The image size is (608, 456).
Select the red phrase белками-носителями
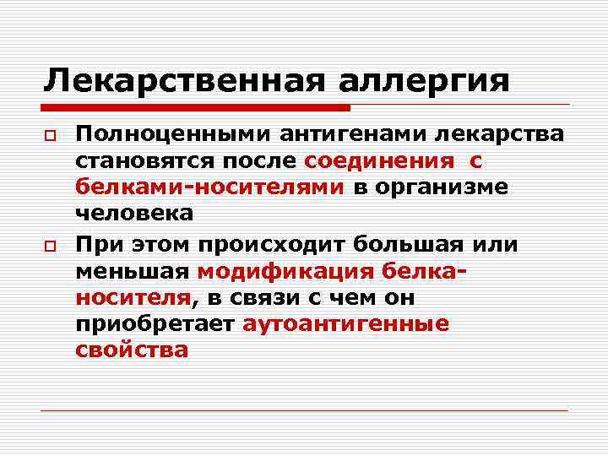(x=209, y=187)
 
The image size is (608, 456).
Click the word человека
(x=133, y=214)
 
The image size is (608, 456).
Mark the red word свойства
(x=132, y=350)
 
